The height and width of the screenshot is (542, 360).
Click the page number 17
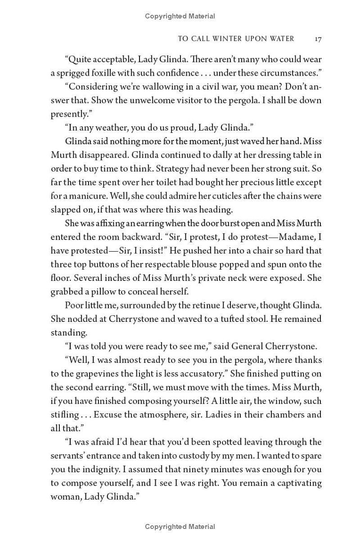[318, 39]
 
